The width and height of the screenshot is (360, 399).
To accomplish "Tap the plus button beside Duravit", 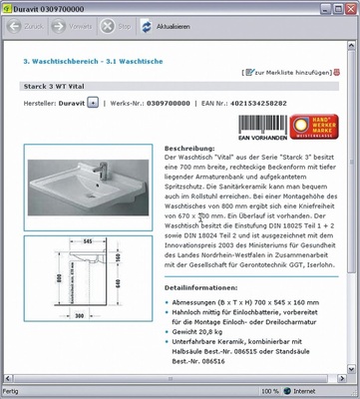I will [93, 102].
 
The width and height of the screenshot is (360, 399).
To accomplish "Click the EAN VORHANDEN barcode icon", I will [260, 126].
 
